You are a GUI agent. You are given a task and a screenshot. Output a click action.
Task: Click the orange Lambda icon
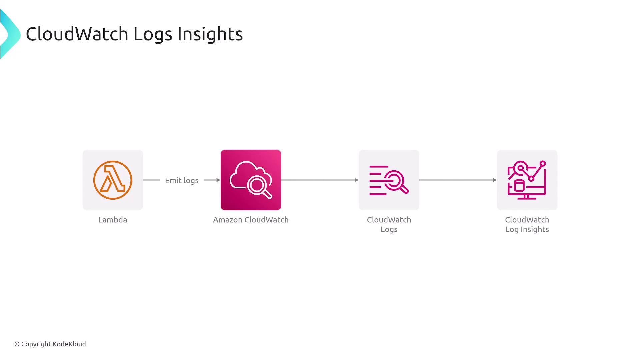click(x=113, y=180)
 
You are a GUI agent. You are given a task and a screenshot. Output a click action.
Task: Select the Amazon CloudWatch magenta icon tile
click(x=251, y=180)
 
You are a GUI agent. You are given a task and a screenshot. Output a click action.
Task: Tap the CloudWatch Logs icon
click(x=389, y=180)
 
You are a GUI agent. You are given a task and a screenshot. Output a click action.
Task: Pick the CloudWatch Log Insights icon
click(x=527, y=180)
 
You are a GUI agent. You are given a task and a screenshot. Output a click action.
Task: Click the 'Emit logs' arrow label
click(x=182, y=180)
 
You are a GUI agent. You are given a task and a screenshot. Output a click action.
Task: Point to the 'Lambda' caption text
click(x=113, y=220)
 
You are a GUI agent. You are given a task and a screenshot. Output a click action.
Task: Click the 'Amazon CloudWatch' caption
click(x=251, y=220)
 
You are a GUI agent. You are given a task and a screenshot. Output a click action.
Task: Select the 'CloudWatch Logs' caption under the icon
click(x=389, y=224)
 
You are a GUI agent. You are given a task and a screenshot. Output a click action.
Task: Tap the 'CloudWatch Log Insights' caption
click(x=527, y=224)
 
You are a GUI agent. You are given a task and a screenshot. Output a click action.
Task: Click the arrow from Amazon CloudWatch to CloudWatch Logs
click(x=320, y=180)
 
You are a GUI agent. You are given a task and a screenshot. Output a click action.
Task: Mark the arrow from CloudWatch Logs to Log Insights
click(x=458, y=180)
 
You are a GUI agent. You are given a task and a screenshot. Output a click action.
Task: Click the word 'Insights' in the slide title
click(x=210, y=34)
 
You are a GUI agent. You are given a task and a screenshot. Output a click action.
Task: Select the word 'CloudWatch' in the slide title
click(x=77, y=34)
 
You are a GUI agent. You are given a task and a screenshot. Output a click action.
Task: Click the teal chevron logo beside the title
click(x=10, y=34)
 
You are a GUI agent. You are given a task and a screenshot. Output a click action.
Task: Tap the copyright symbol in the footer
click(x=17, y=344)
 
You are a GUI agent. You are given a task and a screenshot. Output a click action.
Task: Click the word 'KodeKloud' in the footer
click(x=69, y=344)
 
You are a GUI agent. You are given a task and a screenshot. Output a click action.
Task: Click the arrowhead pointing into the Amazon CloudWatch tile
click(x=218, y=180)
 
